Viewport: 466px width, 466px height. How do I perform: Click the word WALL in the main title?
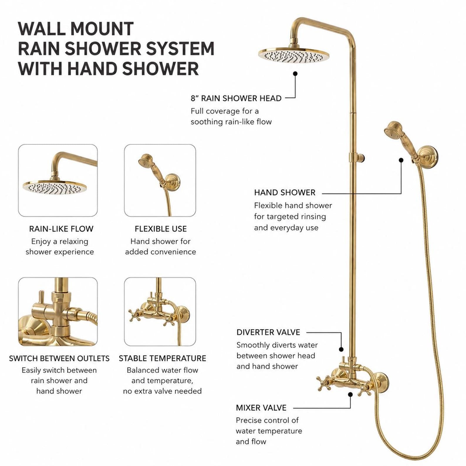[42, 29]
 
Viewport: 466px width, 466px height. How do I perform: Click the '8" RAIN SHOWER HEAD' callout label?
[236, 98]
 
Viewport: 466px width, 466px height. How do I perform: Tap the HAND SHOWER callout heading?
[285, 193]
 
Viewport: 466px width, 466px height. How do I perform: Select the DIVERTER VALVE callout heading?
[268, 332]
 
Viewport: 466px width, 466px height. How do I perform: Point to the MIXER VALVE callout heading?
[261, 408]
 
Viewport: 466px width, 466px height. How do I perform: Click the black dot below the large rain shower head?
[295, 74]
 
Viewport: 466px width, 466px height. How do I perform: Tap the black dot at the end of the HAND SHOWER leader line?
[401, 160]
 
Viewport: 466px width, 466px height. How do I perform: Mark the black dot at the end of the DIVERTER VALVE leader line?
[341, 349]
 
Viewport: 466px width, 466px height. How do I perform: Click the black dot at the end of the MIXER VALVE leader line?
[350, 394]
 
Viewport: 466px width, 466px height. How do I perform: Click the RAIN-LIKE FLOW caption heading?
[61, 229]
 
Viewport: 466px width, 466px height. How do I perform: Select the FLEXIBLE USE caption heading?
[161, 229]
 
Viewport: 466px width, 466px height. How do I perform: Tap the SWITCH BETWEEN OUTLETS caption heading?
[59, 358]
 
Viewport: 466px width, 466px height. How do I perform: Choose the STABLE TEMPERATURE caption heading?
[162, 358]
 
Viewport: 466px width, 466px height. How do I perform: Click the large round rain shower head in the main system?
[294, 55]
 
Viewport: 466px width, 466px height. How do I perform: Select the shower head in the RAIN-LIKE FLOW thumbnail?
[55, 187]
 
